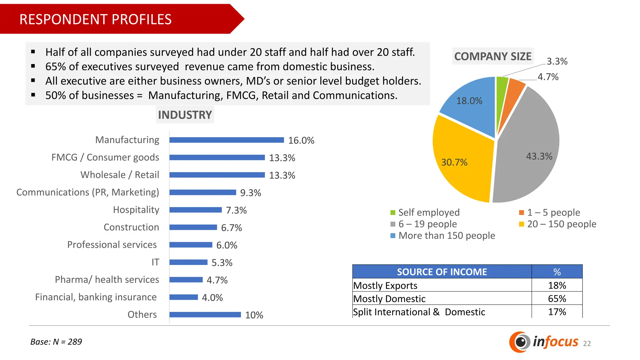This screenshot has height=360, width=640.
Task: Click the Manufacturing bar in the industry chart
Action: coord(227,140)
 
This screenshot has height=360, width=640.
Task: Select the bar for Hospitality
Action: coord(195,210)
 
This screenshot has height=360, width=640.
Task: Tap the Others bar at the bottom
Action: coord(205,315)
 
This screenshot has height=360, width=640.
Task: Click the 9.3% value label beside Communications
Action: coord(250,193)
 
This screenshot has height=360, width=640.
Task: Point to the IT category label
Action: coord(155,262)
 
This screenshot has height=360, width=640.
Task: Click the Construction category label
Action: coord(131,227)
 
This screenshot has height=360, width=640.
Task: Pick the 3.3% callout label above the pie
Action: coord(557,61)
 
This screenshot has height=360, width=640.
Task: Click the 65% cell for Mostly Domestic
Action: coord(557,299)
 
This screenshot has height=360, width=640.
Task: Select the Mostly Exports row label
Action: coord(385,286)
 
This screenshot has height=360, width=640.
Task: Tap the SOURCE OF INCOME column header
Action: coord(442,272)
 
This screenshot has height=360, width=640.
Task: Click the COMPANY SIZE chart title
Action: coord(493,57)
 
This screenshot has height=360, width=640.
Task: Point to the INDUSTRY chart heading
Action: coord(185,115)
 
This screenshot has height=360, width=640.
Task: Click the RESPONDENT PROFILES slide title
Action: coord(96,19)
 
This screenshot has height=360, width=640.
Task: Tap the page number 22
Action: coord(587,343)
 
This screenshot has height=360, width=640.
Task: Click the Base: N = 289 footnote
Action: coord(56,342)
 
